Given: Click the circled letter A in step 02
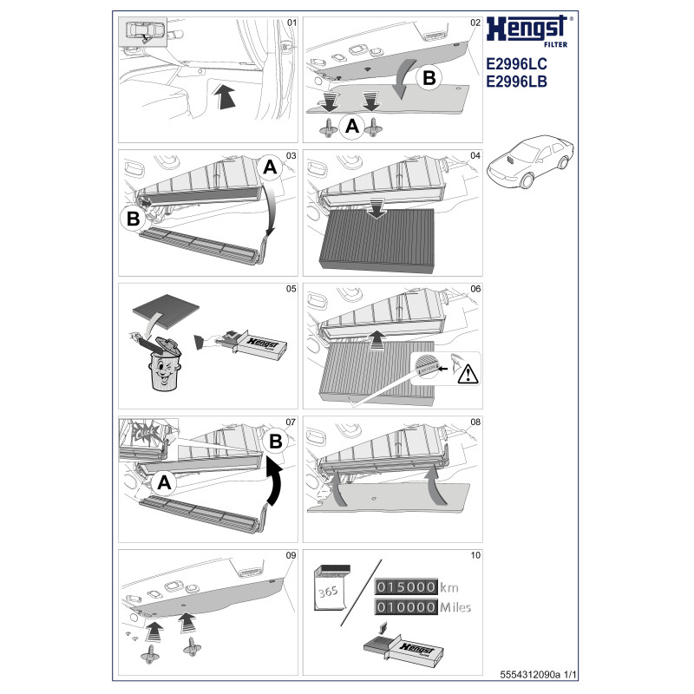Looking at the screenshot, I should pyautogui.click(x=352, y=127).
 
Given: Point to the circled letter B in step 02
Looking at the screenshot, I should pyautogui.click(x=428, y=77).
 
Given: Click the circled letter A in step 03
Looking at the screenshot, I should pyautogui.click(x=270, y=168).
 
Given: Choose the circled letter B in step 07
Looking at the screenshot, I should pyautogui.click(x=275, y=442).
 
